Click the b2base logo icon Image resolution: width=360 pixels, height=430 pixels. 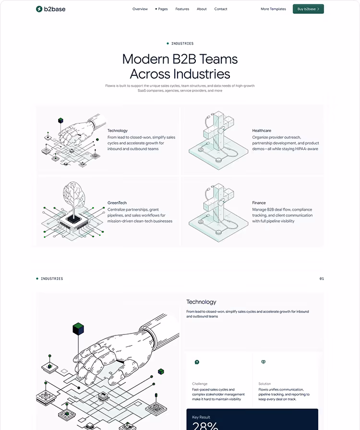point(39,9)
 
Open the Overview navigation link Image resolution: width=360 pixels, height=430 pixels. point(140,9)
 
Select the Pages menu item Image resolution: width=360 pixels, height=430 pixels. point(162,9)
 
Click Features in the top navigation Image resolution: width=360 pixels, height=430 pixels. point(182,9)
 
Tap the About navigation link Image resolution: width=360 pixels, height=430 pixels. point(202,9)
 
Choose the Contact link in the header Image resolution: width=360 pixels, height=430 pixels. point(221,9)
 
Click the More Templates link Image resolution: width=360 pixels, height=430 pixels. point(273,9)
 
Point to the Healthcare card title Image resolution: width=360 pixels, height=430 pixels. point(262,131)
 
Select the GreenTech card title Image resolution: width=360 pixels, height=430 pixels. point(117,203)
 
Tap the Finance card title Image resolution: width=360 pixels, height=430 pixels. point(259,203)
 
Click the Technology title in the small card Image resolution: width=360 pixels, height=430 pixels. point(118,131)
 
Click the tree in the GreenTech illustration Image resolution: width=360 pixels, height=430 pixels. point(74,197)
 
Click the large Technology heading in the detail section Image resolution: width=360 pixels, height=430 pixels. point(201,302)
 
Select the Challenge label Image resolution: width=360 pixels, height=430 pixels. point(200,384)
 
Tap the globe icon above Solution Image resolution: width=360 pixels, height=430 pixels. point(263,362)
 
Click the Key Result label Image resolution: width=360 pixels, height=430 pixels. point(201,418)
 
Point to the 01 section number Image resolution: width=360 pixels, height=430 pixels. point(322,278)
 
